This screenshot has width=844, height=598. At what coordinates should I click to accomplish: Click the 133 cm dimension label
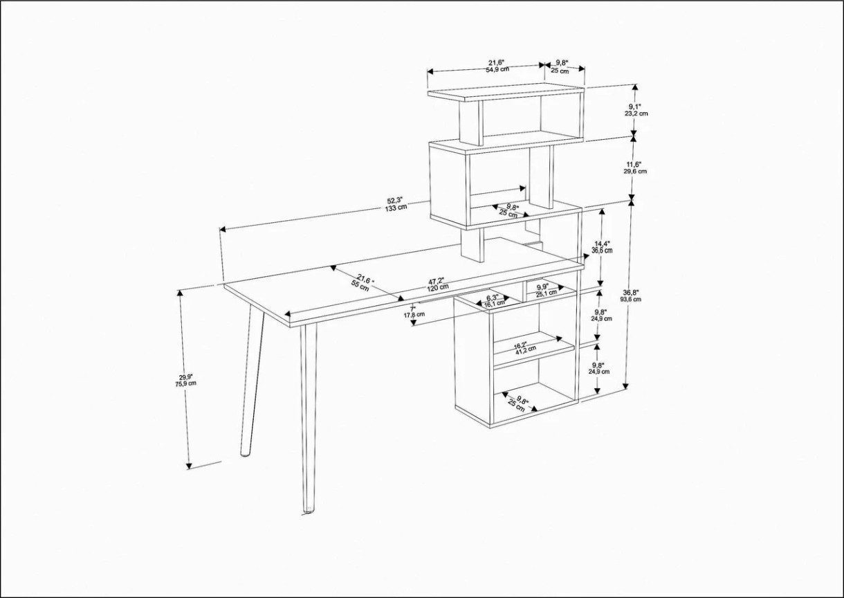point(396,208)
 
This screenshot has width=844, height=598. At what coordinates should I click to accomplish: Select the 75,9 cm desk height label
point(186,383)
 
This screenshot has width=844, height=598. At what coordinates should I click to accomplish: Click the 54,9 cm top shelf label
point(497,70)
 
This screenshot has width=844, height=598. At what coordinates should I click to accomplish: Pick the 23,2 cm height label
point(636,113)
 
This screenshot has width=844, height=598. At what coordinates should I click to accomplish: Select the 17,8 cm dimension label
point(414,314)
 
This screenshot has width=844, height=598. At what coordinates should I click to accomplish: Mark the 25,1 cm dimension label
point(547,293)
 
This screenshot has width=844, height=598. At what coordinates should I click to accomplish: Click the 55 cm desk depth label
point(360,287)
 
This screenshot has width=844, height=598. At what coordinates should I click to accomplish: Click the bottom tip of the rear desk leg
point(245,455)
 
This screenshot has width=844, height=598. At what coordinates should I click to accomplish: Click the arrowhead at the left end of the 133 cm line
point(223,229)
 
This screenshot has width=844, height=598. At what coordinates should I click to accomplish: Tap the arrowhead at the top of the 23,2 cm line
point(635,87)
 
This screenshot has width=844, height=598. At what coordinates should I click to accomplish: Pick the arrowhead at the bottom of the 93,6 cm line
point(626,386)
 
